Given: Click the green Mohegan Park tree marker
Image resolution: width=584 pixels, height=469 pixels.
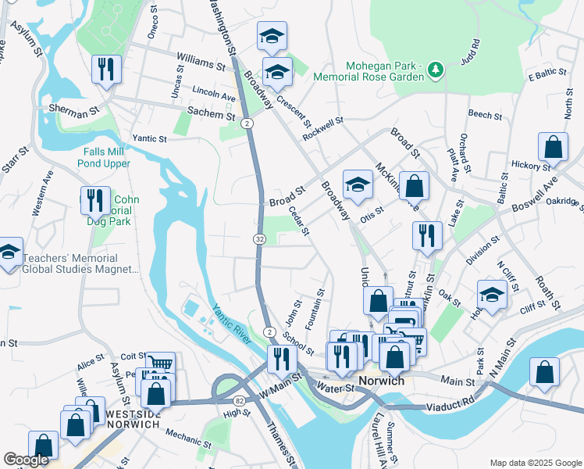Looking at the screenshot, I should [436, 72].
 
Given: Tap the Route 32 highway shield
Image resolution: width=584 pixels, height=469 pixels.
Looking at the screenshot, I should [258, 238].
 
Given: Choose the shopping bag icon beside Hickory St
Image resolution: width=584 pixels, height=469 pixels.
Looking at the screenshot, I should [553, 146].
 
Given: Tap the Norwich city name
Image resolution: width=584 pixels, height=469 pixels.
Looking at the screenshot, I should [381, 381].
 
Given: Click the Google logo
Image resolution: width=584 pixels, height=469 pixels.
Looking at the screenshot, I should [27, 460].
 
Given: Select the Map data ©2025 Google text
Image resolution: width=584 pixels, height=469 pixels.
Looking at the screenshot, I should [534, 463].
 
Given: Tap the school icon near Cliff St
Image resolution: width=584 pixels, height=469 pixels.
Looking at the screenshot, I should [491, 295].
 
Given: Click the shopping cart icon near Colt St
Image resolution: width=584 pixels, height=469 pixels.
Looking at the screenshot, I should [160, 363].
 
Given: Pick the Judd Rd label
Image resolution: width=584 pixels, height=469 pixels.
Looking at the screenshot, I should [470, 53].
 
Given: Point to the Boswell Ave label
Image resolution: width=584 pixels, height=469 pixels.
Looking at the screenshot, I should [535, 199].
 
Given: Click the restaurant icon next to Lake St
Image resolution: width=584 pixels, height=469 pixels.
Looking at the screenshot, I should [426, 234].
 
